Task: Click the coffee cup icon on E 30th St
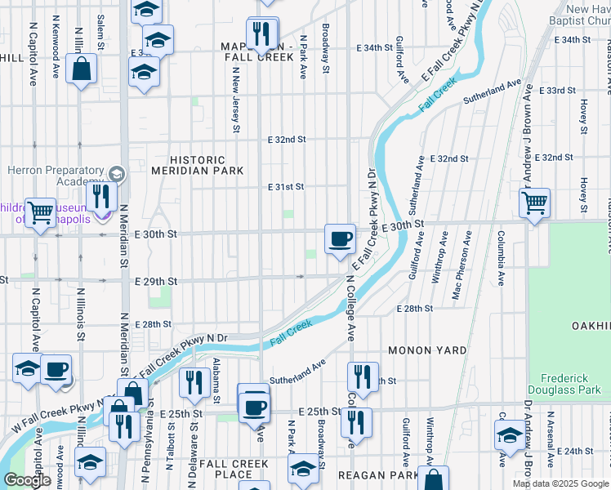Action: tap(340, 239)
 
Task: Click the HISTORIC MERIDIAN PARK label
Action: tap(197, 165)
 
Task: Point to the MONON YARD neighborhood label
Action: tap(426, 350)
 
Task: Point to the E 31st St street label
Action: tap(286, 187)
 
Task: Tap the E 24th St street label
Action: tap(575, 451)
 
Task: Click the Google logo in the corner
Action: tap(27, 480)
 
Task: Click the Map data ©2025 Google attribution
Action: tap(560, 483)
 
